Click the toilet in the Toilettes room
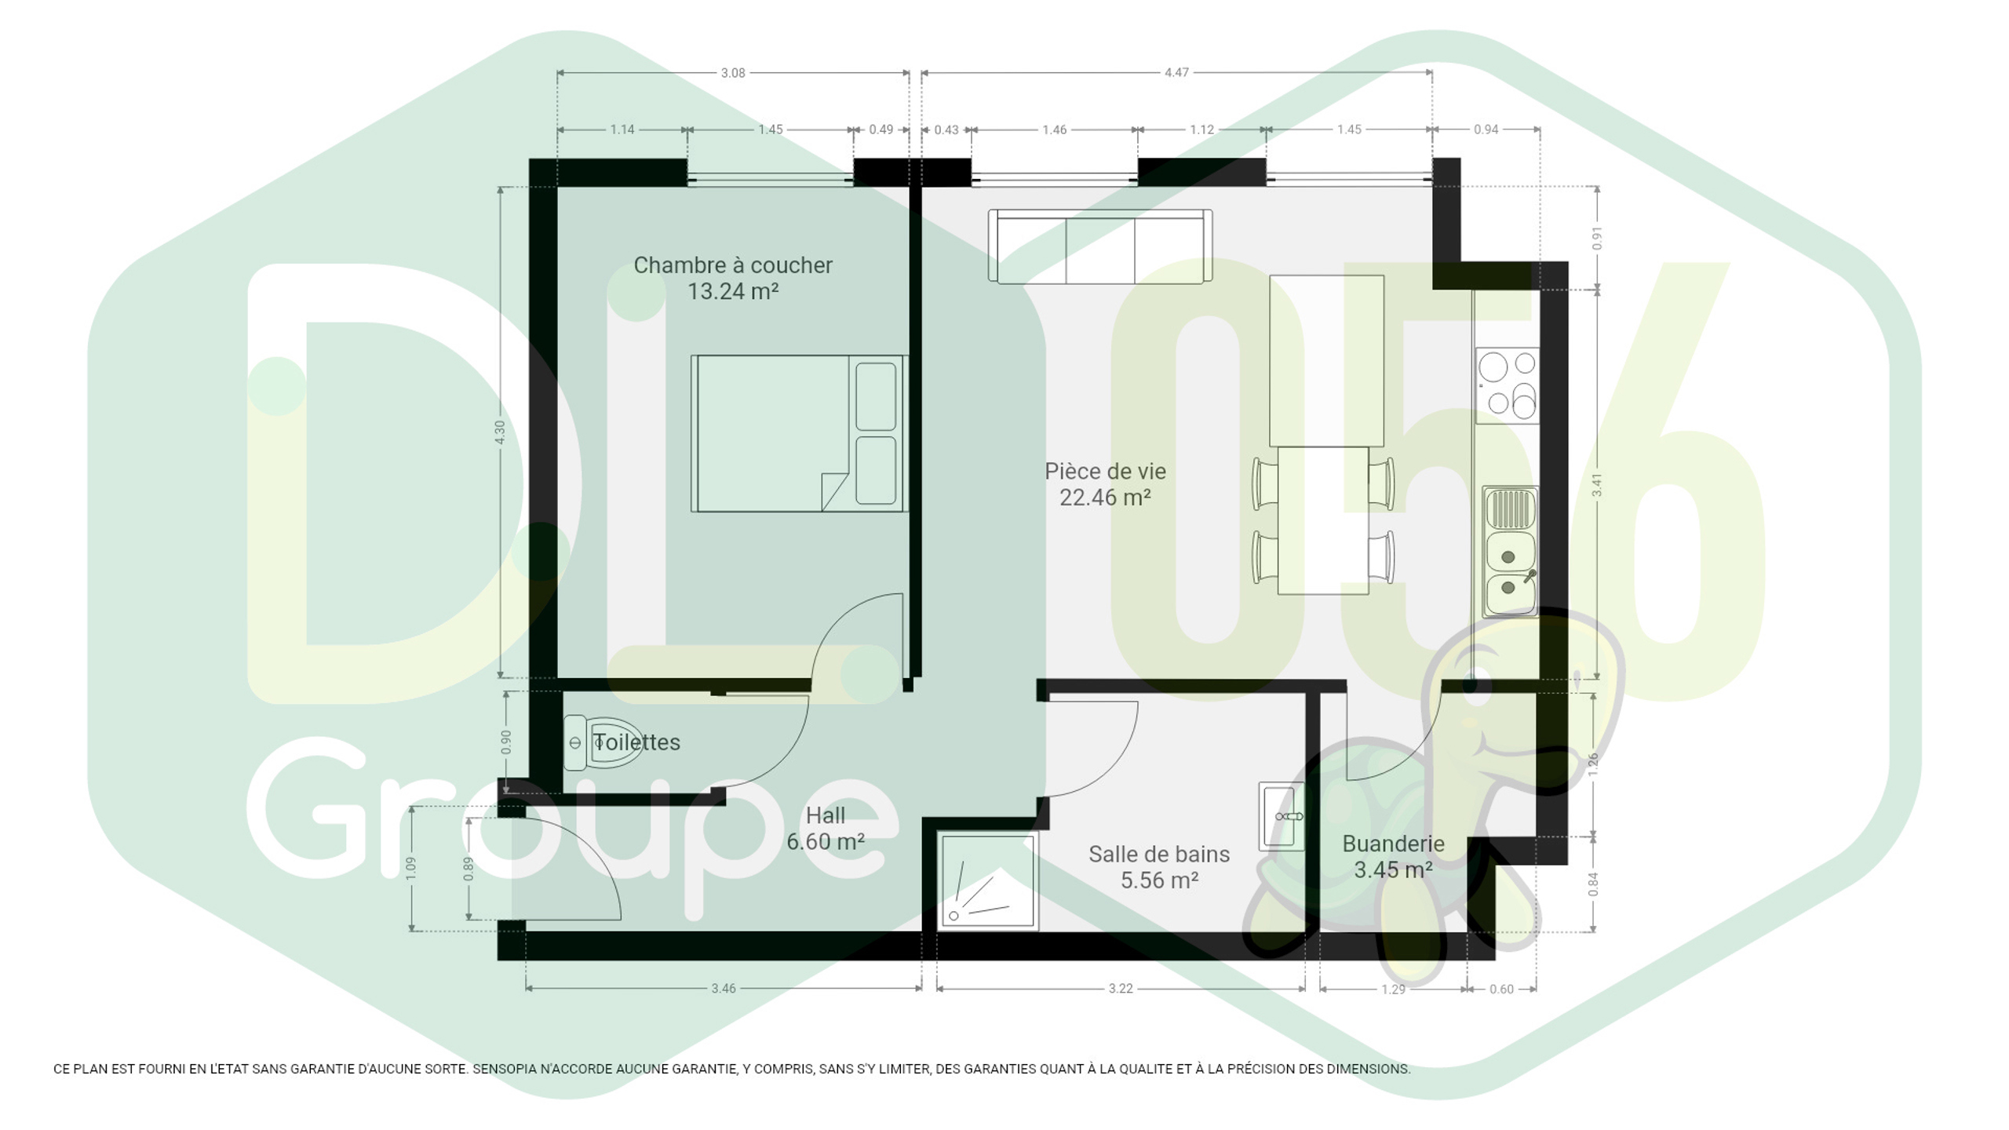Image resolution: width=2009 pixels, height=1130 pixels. (602, 742)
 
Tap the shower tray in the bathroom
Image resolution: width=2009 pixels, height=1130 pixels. (988, 882)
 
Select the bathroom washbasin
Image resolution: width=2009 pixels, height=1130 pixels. (1282, 816)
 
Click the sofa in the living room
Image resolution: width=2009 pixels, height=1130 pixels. (1100, 246)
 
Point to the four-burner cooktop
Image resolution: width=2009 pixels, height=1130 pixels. (1507, 385)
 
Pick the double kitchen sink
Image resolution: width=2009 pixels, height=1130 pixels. (1510, 551)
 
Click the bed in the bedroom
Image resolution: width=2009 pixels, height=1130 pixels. (799, 433)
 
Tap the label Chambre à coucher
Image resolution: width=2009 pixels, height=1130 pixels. (733, 265)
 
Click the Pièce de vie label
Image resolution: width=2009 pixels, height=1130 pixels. (1105, 472)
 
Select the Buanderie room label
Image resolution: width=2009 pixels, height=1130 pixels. (1393, 844)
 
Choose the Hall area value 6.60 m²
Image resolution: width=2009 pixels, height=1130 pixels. (826, 842)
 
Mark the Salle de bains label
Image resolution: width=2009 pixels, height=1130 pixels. (1159, 855)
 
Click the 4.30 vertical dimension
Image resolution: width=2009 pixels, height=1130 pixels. (500, 432)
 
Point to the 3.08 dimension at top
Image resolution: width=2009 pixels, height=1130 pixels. (733, 73)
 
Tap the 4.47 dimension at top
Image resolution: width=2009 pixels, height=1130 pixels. (1176, 72)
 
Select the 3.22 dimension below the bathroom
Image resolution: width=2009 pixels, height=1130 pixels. (1121, 989)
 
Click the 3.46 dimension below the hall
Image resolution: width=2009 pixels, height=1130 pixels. (724, 989)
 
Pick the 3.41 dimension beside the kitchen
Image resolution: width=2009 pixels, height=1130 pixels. (1596, 486)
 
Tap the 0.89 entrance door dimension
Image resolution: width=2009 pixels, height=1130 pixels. (469, 869)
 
